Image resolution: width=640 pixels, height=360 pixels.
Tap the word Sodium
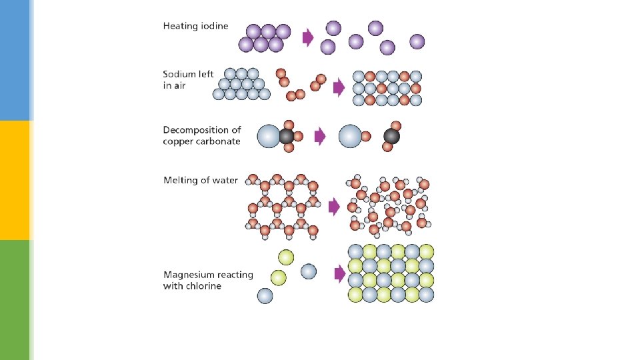(x=180, y=75)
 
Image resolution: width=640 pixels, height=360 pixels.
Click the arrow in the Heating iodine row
(x=308, y=37)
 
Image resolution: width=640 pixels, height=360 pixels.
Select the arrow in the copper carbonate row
(x=321, y=137)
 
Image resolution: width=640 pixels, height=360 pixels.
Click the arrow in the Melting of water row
(x=334, y=207)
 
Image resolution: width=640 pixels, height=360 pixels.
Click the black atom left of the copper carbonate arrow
(x=287, y=137)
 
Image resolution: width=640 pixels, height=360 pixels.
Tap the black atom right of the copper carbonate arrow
(x=391, y=137)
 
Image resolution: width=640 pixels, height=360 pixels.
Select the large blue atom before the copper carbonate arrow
(x=268, y=136)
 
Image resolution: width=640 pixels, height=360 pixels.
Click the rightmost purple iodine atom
(x=417, y=41)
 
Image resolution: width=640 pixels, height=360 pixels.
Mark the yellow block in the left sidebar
(x=15, y=180)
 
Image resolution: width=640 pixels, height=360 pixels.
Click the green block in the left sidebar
(x=15, y=300)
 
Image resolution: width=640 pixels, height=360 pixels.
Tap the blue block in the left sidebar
(x=15, y=60)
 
